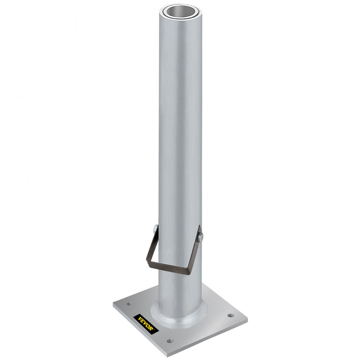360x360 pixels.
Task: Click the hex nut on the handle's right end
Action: point(201,237)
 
